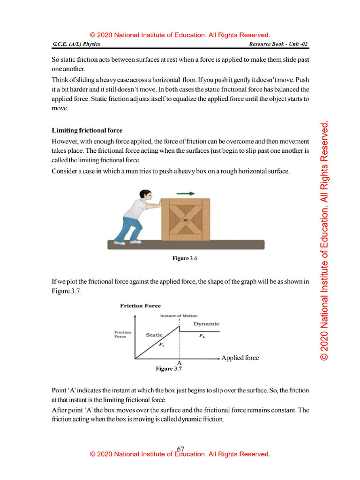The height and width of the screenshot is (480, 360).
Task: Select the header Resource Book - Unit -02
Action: pyautogui.click(x=279, y=45)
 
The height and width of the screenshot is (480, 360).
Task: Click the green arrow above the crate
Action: pyautogui.click(x=186, y=193)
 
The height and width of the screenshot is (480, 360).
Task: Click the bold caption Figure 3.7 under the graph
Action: pyautogui.click(x=168, y=369)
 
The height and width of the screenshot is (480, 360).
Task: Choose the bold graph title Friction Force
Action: pyautogui.click(x=140, y=306)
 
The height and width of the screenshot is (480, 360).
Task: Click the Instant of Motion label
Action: pyautogui.click(x=179, y=315)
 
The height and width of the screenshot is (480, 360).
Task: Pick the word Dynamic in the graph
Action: pyautogui.click(x=206, y=324)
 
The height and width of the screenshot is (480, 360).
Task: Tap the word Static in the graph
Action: pyautogui.click(x=154, y=335)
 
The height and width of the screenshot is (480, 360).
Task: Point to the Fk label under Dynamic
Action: pyautogui.click(x=202, y=336)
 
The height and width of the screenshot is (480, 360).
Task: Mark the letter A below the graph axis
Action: pyautogui.click(x=179, y=363)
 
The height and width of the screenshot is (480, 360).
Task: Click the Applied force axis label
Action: pyautogui.click(x=240, y=358)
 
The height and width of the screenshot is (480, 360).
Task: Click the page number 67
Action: pyautogui.click(x=180, y=449)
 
